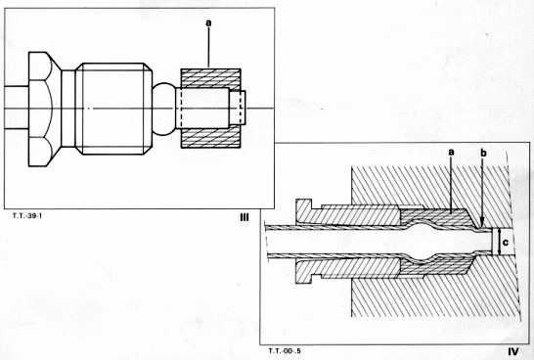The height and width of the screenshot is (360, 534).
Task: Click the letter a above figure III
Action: [x=208, y=22]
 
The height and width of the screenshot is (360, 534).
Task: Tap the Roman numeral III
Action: [x=244, y=217]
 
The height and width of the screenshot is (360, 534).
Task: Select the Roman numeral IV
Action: [x=513, y=351]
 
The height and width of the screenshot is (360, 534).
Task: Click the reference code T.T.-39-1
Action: [x=27, y=215]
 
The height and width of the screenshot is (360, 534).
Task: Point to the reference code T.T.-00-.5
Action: [x=285, y=350]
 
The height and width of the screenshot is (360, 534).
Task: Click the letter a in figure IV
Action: [x=451, y=153]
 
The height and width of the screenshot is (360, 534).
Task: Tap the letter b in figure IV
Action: [x=483, y=153]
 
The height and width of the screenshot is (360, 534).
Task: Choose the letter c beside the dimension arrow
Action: [x=506, y=243]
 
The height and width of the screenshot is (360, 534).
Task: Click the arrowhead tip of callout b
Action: [x=482, y=227]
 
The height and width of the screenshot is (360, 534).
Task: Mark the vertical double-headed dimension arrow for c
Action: [x=499, y=243]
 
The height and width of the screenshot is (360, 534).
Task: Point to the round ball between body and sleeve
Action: [x=163, y=109]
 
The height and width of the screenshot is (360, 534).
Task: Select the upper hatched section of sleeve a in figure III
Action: [x=210, y=78]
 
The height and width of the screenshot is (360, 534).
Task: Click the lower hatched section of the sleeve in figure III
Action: [x=210, y=138]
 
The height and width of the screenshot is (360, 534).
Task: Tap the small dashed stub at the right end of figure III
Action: [x=238, y=108]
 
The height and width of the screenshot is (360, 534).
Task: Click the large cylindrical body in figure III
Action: [x=113, y=109]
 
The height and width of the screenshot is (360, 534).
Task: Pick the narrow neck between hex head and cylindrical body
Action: [x=67, y=109]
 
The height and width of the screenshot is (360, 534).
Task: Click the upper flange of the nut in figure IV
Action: [x=304, y=204]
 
